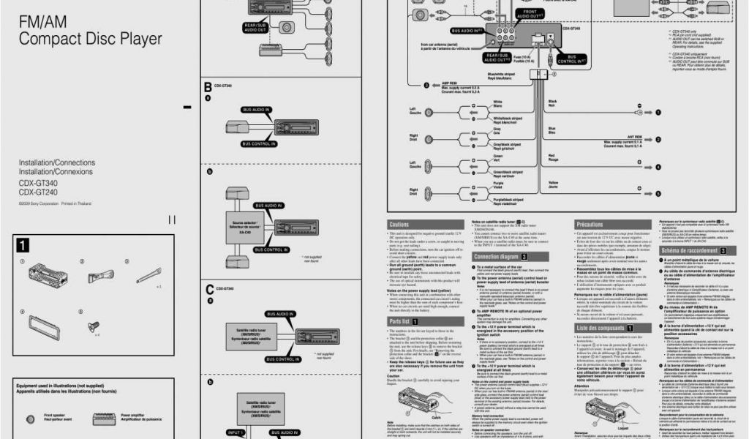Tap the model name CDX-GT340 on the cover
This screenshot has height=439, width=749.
tap(38, 183)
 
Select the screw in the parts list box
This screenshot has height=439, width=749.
tap(94, 329)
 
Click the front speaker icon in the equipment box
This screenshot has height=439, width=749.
tap(30, 419)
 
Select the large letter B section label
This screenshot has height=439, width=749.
tap(208, 87)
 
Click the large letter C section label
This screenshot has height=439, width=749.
tap(208, 290)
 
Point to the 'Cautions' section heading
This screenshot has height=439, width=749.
tap(399, 224)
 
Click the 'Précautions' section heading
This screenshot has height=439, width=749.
tap(590, 224)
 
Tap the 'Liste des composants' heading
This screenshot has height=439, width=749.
tap(600, 328)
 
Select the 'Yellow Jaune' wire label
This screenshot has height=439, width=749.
tap(553, 183)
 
